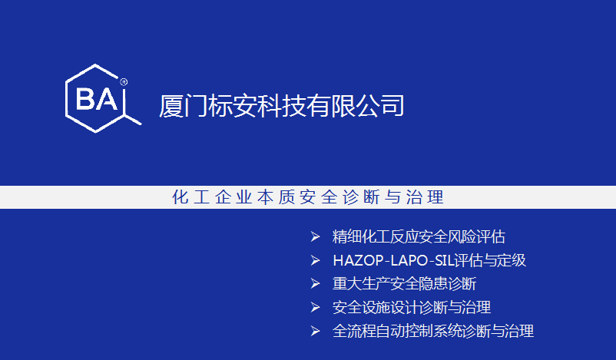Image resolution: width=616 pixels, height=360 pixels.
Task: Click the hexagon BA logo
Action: click(x=96, y=98)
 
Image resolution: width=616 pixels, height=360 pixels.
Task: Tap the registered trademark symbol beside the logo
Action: click(x=124, y=82)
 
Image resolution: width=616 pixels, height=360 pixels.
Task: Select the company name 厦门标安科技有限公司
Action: click(x=281, y=106)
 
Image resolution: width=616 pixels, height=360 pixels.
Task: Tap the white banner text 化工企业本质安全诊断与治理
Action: click(x=308, y=197)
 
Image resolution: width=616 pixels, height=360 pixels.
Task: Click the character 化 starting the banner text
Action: click(x=180, y=197)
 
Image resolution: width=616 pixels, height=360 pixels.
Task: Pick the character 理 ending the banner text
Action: click(x=436, y=197)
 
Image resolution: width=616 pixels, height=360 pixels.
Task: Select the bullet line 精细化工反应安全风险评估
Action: click(x=419, y=236)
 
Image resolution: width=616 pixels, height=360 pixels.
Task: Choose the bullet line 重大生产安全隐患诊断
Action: click(x=405, y=284)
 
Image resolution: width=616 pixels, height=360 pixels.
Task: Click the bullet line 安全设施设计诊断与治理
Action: click(x=412, y=307)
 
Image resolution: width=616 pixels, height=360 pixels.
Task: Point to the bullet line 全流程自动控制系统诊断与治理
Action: click(x=433, y=331)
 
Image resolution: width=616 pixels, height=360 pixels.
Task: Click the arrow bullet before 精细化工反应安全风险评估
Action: click(x=316, y=236)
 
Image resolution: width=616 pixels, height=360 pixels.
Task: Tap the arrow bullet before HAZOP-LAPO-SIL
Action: click(x=316, y=260)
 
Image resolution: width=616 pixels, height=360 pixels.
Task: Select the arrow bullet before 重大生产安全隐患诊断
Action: click(x=316, y=284)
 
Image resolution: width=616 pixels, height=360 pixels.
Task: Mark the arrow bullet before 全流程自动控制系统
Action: click(x=316, y=331)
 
